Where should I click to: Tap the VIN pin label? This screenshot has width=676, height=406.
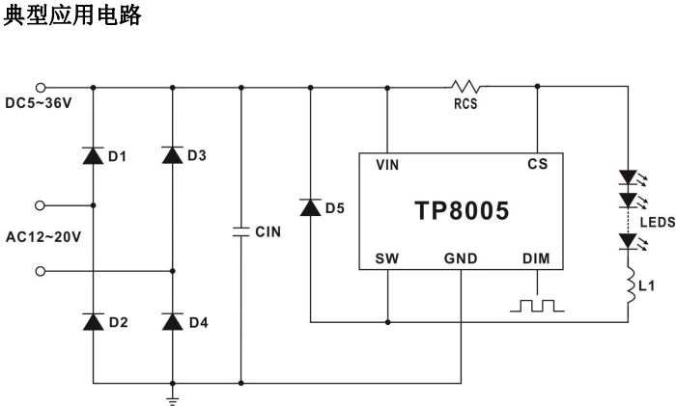[386, 165]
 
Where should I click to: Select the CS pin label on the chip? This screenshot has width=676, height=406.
[538, 165]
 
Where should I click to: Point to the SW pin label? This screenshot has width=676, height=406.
[386, 259]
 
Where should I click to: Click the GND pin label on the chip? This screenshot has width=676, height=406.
[462, 259]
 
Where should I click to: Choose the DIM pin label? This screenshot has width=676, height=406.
[537, 259]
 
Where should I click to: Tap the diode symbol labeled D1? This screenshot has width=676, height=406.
[94, 155]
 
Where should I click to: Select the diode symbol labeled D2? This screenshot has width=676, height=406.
[94, 321]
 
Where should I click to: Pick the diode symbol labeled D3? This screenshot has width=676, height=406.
[172, 155]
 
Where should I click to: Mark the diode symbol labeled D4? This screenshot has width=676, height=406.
[172, 321]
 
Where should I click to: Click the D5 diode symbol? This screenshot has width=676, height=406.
[310, 206]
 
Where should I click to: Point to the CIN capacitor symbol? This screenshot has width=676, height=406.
[240, 231]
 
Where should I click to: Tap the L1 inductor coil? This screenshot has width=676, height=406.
[630, 286]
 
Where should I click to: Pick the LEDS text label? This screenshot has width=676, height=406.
[657, 221]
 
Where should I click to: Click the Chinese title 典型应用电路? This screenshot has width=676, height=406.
[73, 16]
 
